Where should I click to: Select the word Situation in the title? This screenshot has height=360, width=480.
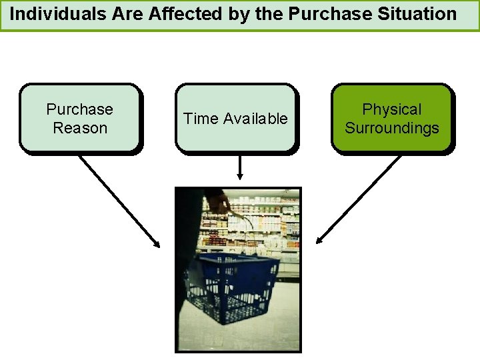tap(419, 13)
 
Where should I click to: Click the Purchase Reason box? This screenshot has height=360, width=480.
tap(79, 118)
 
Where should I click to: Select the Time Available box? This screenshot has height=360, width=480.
tap(236, 118)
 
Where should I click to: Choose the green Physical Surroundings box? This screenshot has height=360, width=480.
tap(392, 118)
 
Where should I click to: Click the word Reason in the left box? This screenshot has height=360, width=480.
tap(79, 128)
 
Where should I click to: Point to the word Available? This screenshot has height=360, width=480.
tap(255, 119)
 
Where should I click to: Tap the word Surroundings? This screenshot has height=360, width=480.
tap(392, 128)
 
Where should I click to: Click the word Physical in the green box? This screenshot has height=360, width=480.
tap(392, 109)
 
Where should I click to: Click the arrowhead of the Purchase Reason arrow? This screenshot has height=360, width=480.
tap(157, 245)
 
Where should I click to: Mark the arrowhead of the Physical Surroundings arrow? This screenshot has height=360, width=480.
tap(319, 241)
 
